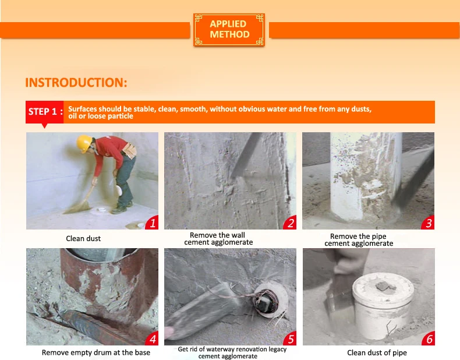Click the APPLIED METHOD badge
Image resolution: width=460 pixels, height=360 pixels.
tap(229, 30)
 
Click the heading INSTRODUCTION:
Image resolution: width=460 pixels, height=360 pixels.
tap(76, 83)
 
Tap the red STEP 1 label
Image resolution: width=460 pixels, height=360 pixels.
tap(45, 112)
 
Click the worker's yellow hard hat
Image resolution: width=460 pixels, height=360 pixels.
tap(84, 143)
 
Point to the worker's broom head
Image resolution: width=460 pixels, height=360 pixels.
tap(77, 207)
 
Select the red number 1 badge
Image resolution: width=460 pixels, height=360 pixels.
tap(152, 223)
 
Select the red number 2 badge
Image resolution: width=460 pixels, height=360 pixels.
tap(290, 223)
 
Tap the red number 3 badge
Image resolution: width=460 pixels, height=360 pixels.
tap(428, 223)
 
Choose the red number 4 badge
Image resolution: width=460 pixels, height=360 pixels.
tap(152, 338)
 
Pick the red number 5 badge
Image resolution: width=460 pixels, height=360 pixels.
tap(290, 338)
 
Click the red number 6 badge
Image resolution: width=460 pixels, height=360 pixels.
tap(429, 338)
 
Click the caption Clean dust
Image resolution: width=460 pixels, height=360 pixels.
tap(83, 238)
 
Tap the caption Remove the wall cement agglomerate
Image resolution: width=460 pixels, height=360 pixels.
tap(218, 238)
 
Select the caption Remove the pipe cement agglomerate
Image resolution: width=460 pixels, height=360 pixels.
tap(359, 239)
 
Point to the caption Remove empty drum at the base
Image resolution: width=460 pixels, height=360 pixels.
tap(96, 352)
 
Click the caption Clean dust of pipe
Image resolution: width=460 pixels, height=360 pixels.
tap(377, 352)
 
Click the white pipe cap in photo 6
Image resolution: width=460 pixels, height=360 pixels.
tap(383, 305)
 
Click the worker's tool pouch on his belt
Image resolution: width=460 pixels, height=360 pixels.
tap(129, 151)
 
